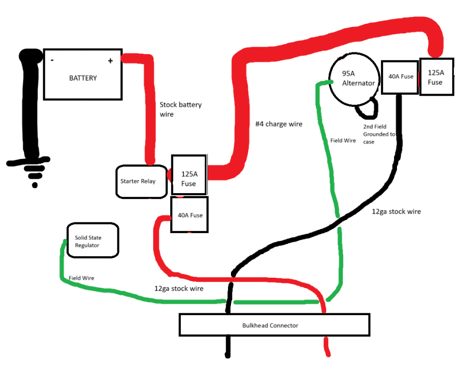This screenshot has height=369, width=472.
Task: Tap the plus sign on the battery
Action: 110,61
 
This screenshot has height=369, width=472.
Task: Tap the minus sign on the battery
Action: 52,61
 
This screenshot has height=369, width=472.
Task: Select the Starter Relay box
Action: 141,182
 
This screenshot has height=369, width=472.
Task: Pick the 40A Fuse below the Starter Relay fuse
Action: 190,215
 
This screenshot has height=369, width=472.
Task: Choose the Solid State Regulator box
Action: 92,240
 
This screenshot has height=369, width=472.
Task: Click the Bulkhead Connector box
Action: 274,325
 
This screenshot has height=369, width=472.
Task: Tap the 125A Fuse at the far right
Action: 436,76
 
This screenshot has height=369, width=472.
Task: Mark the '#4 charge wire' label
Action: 279,124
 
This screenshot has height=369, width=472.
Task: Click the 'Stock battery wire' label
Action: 180,110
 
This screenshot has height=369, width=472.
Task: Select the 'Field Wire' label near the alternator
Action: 343,141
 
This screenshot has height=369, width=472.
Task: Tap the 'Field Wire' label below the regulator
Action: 81,278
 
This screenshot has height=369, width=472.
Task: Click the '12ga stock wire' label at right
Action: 396,211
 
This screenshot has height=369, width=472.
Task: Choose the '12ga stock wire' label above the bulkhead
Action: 179,289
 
